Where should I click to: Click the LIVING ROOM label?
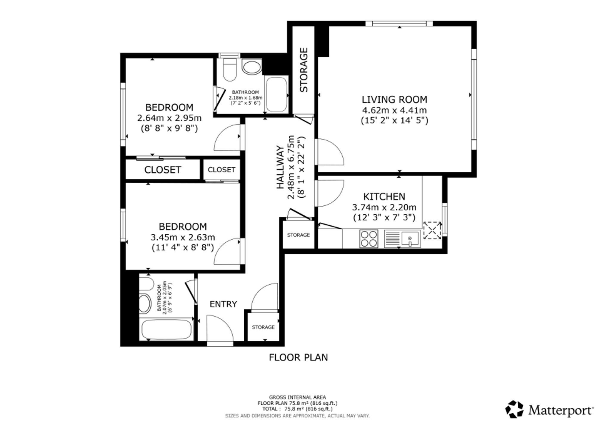click(394, 99)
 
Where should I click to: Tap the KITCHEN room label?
click(384, 197)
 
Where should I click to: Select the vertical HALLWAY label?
click(280, 167)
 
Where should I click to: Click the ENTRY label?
click(223, 304)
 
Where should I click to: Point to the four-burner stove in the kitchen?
click(369, 238)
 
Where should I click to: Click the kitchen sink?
click(402, 238)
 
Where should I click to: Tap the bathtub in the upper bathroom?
click(277, 94)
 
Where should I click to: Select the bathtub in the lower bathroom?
click(166, 329)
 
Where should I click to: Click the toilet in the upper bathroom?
click(229, 69)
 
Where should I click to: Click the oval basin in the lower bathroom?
click(145, 303)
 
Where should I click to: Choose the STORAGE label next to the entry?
click(263, 327)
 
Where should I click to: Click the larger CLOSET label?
click(162, 170)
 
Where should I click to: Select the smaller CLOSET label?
click(221, 170)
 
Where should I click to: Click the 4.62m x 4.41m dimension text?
click(394, 110)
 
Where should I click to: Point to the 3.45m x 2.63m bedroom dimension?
click(183, 237)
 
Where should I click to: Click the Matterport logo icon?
click(514, 409)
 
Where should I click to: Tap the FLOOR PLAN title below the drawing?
click(298, 357)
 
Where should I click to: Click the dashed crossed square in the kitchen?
click(432, 230)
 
